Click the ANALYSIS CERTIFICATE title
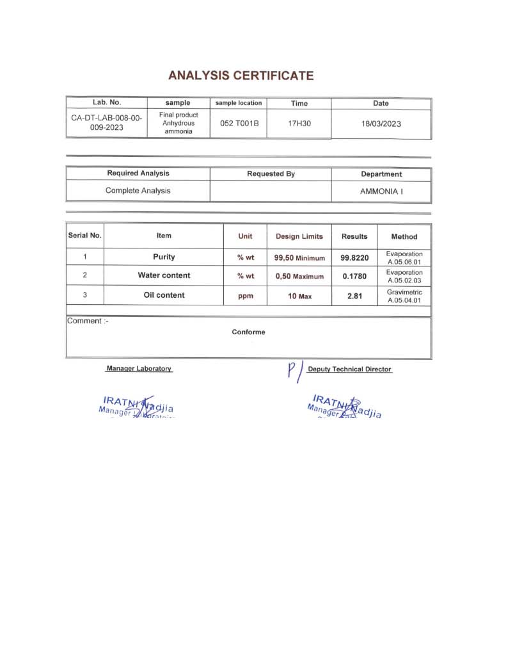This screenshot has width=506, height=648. point(241,76)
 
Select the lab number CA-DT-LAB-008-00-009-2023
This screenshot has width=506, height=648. point(106,123)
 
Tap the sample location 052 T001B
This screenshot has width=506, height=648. point(239,123)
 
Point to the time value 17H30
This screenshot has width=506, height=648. point(299,123)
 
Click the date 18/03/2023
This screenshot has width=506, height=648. point(381,124)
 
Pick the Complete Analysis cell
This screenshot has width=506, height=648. point(138,190)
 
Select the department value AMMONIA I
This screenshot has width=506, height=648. point(381,191)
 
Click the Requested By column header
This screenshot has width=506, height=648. point(271,174)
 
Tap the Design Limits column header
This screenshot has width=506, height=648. point(299,236)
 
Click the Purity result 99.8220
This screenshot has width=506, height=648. point(354,258)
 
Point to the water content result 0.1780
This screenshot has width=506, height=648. point(354,277)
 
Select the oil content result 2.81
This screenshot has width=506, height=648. point(354,296)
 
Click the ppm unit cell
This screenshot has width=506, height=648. point(245,296)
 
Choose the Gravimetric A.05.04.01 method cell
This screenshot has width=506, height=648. point(404,296)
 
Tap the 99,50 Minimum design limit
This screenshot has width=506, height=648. point(299,258)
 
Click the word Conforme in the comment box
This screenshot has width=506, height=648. point(248,332)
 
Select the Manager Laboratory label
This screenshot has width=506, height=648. point(139,369)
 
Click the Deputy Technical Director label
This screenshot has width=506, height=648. point(349,369)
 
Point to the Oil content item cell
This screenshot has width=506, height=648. point(164,295)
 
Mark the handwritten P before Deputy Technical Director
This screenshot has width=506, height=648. point(293,370)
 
